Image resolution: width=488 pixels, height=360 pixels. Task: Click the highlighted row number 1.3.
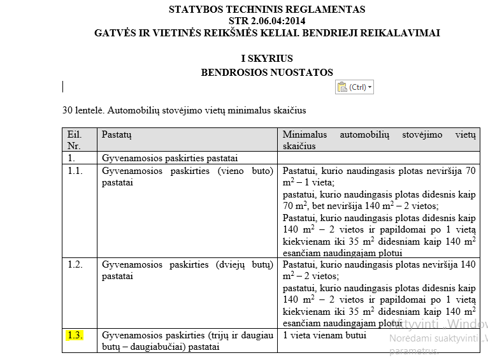pos(75,335)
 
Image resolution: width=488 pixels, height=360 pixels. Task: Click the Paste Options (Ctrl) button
pos(354,87)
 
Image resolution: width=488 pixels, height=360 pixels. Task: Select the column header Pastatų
pos(117,134)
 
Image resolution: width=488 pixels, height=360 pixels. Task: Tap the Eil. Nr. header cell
pos(75,140)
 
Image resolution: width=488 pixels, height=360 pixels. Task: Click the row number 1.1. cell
pos(75,171)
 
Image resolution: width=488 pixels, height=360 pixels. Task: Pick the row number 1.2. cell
pos(75,264)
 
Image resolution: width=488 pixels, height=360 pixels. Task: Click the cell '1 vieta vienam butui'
pos(324,335)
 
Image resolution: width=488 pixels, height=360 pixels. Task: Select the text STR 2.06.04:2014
pos(267,21)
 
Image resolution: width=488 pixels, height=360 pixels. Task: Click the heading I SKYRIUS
pos(267,59)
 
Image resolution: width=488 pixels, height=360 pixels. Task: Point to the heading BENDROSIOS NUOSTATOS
pos(267,73)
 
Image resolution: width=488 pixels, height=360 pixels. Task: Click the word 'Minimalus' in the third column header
pos(305,134)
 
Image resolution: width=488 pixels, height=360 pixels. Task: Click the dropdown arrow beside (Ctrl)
pos(370,87)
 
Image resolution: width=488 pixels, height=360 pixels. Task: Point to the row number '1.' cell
pos(71,157)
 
